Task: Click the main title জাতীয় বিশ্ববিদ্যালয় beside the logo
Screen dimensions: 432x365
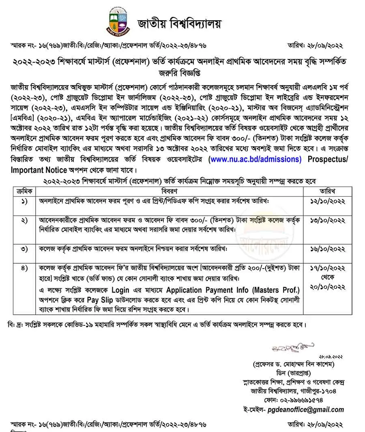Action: pyautogui.click(x=179, y=23)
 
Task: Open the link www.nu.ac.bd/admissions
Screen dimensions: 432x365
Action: pyautogui.click(x=255, y=159)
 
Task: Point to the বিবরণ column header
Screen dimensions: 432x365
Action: pyautogui.click(x=168, y=191)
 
